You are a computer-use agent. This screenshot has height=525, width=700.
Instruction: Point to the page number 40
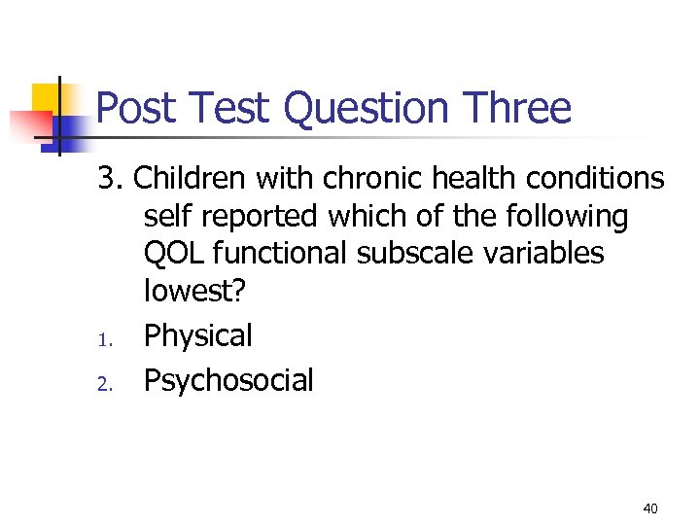650,508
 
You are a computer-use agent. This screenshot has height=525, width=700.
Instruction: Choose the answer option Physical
198,336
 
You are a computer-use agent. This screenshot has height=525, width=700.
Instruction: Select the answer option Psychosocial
228,380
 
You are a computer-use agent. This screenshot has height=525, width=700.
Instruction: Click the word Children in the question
191,178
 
